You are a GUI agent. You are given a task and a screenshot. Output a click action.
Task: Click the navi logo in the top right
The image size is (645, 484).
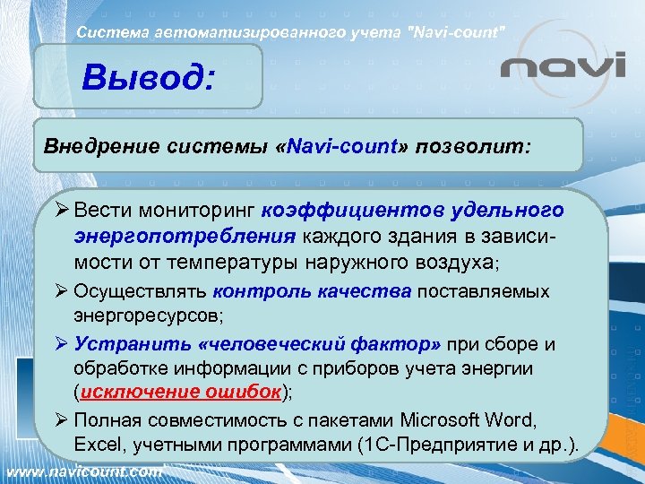tap(563, 68)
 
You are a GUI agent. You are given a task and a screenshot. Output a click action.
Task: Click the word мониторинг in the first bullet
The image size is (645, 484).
tap(205, 211)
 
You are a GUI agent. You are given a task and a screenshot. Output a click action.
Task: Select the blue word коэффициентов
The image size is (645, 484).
tap(348, 211)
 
